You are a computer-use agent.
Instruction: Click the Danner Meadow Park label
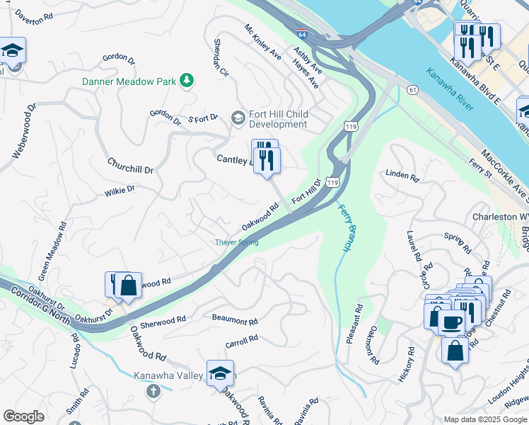pyautogui.click(x=129, y=81)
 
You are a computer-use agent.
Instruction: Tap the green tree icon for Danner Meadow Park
pyautogui.click(x=187, y=81)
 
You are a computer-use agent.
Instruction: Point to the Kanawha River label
pyautogui.click(x=450, y=89)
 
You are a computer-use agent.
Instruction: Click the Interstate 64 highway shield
pyautogui.click(x=302, y=33)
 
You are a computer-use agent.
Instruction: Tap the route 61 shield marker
pyautogui.click(x=412, y=89)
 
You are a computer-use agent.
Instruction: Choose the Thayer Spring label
pyautogui.click(x=237, y=242)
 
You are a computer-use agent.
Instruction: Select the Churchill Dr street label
pyautogui.click(x=130, y=166)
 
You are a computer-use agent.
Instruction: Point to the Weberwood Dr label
pyautogui.click(x=23, y=131)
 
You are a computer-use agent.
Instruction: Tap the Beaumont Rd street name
pyautogui.click(x=235, y=320)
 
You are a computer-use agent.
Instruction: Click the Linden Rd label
pyautogui.click(x=402, y=176)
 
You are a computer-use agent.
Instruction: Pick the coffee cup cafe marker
pyautogui.click(x=453, y=322)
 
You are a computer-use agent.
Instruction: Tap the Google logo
pyautogui.click(x=23, y=416)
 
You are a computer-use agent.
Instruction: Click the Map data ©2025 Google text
pyautogui.click(x=484, y=419)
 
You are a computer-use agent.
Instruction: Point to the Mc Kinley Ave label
pyautogui.click(x=263, y=42)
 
